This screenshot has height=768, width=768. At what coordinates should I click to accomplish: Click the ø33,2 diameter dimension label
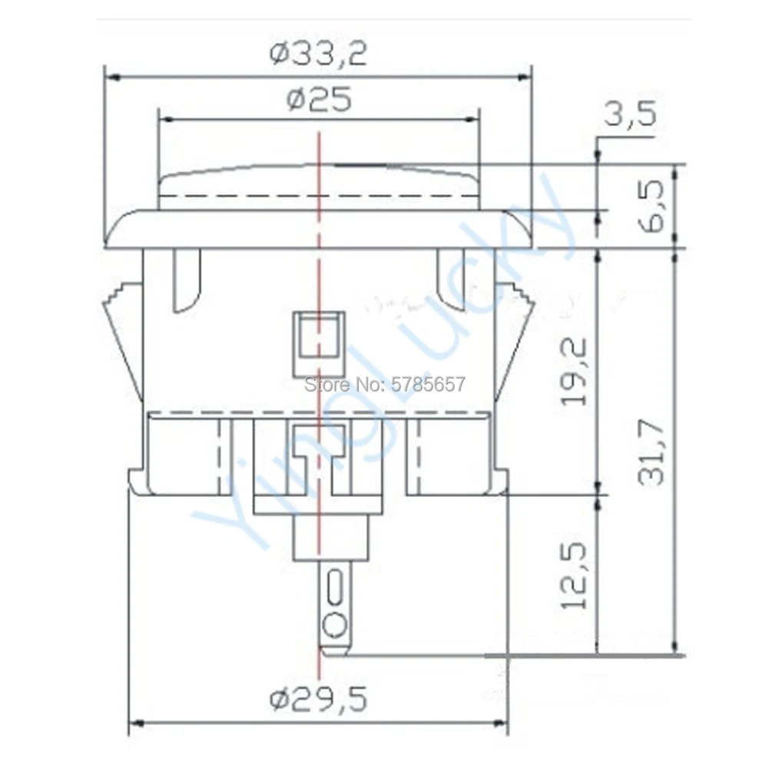[x=318, y=53]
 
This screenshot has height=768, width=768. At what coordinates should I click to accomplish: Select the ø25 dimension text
[x=319, y=98]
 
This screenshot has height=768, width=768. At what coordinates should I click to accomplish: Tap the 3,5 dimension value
[x=630, y=114]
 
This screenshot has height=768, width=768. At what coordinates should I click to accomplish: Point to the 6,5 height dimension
[x=652, y=206]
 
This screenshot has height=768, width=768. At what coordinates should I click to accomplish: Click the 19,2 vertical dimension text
[x=574, y=372]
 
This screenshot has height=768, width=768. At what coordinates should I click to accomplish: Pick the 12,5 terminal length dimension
[x=574, y=576]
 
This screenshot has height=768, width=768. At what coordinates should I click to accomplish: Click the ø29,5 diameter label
[x=319, y=700]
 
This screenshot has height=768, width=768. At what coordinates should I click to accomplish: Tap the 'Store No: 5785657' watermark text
[x=385, y=385]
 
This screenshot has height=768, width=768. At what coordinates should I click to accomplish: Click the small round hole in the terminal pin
[x=335, y=625]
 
